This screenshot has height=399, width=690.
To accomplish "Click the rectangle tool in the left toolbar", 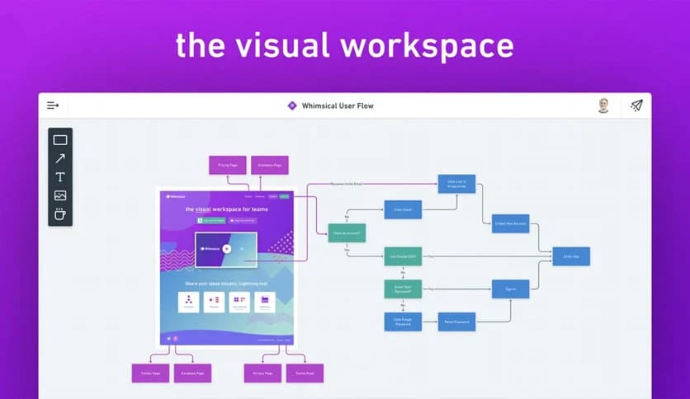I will click(60, 140).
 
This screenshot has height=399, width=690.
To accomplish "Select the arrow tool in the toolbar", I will click(60, 158).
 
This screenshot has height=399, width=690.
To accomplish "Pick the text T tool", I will click(60, 176).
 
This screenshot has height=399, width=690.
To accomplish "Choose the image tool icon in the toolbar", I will click(60, 195).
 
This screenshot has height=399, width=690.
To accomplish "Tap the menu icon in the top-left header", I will click(54, 106).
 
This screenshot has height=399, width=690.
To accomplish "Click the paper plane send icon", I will click(636, 106).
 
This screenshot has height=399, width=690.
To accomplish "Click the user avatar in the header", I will click(603, 106).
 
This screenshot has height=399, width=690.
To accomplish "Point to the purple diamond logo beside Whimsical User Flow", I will click(291, 106).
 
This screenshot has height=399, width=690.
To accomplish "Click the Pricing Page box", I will click(227, 165).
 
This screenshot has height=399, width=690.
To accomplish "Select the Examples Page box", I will click(269, 165).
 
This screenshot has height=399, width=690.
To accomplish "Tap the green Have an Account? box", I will click(347, 233).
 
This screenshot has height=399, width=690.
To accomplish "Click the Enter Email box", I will click(402, 209).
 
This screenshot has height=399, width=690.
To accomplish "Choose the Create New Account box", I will click(511, 223).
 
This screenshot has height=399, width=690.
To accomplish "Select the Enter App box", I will click(571, 256).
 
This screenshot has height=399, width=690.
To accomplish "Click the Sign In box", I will click(510, 289).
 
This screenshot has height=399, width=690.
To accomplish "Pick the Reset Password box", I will click(456, 322).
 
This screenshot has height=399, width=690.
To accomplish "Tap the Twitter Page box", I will click(150, 373).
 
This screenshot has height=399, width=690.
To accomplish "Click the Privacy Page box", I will click(262, 373).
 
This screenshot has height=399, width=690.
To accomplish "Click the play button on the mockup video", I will click(226, 249).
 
